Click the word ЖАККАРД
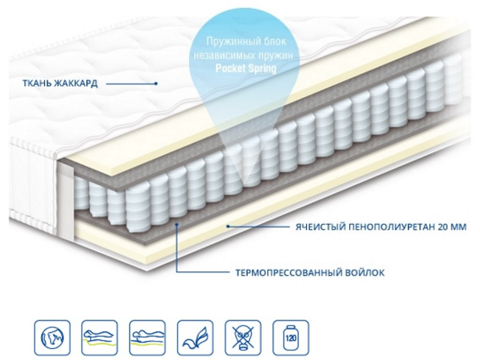[x=76, y=83]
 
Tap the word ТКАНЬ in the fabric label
[x=37, y=83]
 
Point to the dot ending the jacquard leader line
[x=156, y=83]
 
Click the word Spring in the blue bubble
[x=262, y=68]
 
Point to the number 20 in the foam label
[x=443, y=227]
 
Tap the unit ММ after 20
[x=458, y=227]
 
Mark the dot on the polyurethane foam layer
[x=227, y=227]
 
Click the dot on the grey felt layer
[x=176, y=224]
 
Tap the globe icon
[x=52, y=338]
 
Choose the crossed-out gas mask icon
[x=243, y=338]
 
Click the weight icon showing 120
[x=291, y=338]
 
